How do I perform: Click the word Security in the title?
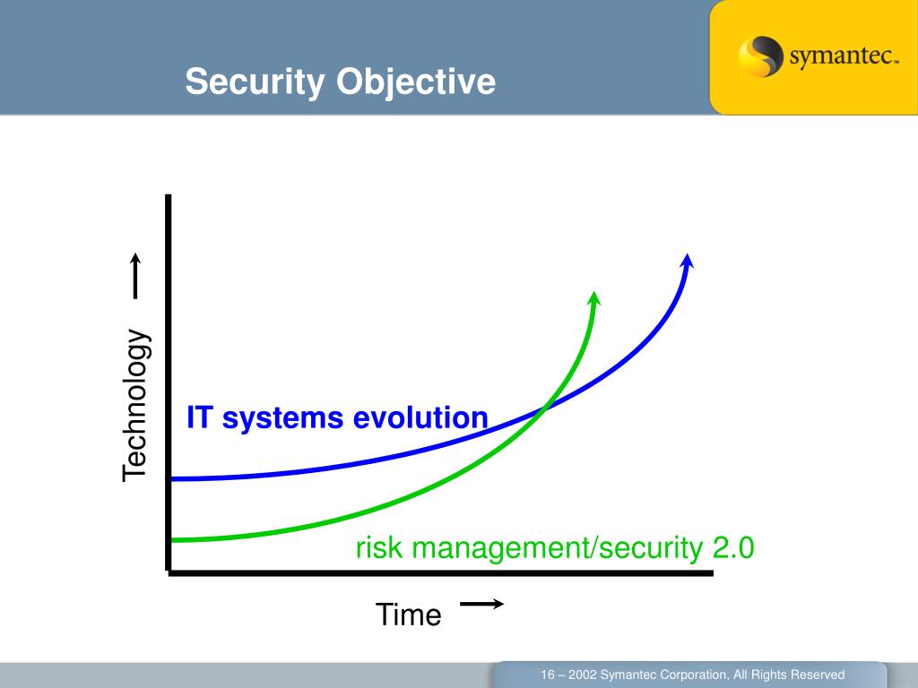(x=255, y=82)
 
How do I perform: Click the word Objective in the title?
(x=416, y=82)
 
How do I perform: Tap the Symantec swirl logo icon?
(x=760, y=56)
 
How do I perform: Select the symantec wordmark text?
(x=844, y=56)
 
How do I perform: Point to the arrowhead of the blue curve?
(x=688, y=261)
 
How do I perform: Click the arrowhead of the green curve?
(x=594, y=297)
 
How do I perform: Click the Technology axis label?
(x=136, y=405)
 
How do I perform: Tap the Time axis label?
(x=408, y=615)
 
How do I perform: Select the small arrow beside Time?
(x=481, y=604)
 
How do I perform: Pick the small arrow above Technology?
(x=135, y=276)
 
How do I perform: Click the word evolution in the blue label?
(x=420, y=417)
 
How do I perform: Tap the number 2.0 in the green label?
(x=733, y=547)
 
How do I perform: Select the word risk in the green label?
(x=379, y=547)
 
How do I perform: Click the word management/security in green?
(x=557, y=549)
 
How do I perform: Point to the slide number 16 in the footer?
(x=548, y=675)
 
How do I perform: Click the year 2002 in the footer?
(x=583, y=675)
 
